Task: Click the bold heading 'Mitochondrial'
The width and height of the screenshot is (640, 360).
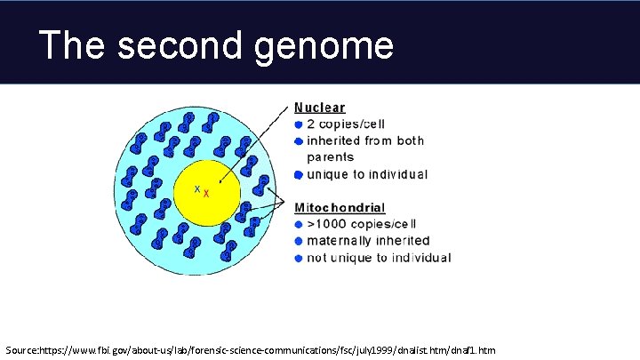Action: [340, 208]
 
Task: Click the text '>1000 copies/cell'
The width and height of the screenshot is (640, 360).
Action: [361, 224]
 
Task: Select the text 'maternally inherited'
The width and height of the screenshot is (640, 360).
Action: [368, 241]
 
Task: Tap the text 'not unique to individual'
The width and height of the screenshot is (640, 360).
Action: [379, 258]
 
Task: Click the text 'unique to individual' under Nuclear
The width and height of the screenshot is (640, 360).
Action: [367, 174]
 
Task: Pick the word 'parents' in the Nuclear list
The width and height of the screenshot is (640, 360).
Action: [330, 157]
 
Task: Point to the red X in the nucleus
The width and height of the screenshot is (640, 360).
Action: [206, 194]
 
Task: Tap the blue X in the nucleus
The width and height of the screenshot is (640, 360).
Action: [197, 188]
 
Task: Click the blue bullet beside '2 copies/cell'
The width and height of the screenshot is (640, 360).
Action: [298, 124]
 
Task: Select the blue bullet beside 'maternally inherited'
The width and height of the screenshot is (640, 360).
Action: [298, 242]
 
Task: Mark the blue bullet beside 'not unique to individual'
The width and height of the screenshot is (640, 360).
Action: [298, 259]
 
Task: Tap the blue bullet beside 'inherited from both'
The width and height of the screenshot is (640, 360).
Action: [298, 140]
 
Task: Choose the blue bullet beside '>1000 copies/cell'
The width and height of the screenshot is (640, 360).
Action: [298, 225]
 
